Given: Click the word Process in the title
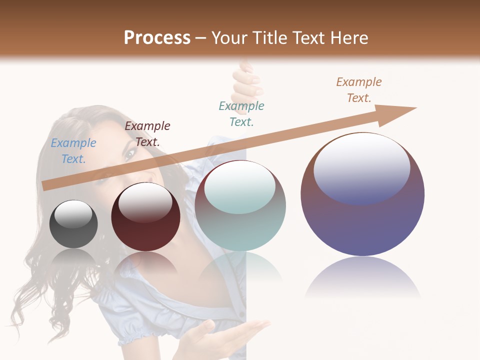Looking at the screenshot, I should pos(157,38).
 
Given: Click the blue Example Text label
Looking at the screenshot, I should pos(73,151).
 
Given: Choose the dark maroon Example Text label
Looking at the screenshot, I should pos(147,134).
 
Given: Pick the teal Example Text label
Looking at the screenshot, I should pos(241,114).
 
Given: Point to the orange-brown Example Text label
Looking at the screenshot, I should pos(359,90).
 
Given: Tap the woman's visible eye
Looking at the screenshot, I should pos(129,154).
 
